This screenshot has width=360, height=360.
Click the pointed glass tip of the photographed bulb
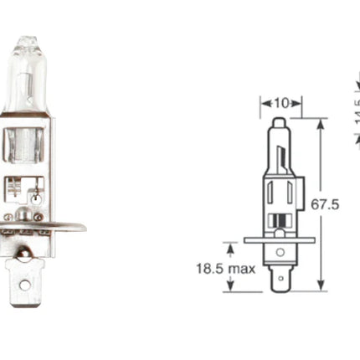[x=28, y=39]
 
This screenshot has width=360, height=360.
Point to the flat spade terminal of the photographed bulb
[x=25, y=280]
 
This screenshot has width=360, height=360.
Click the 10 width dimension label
[x=281, y=103]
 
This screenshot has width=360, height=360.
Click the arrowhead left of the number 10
[x=265, y=103]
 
